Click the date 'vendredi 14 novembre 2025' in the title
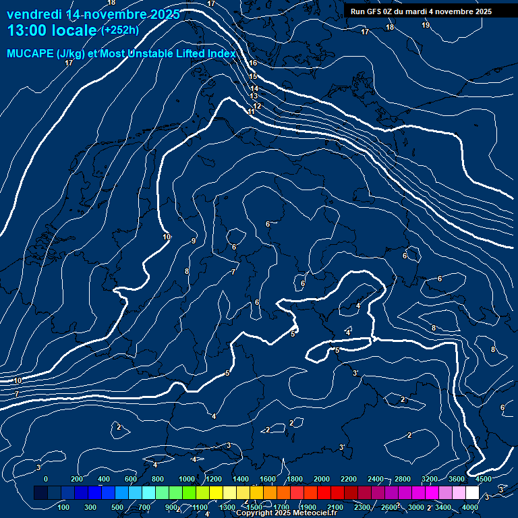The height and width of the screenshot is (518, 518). (93, 14)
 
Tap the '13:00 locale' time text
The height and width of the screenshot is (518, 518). (52, 30)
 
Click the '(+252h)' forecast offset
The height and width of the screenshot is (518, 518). (120, 30)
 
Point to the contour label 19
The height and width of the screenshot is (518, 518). (426, 25)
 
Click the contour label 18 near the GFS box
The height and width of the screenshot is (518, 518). (390, 27)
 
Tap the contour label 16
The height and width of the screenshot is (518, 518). (253, 63)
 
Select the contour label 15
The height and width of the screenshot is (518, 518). (253, 77)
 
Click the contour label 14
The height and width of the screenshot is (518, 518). (254, 88)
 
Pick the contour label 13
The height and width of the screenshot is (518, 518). (254, 96)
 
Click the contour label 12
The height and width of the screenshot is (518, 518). (258, 106)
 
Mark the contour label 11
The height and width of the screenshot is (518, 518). (251, 111)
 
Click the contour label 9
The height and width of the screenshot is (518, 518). (194, 241)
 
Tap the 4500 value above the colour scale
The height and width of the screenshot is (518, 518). (484, 479)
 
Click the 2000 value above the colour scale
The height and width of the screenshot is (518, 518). (322, 479)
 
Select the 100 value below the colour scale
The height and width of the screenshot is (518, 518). (63, 507)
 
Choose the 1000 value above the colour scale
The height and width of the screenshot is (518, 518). (187, 479)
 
